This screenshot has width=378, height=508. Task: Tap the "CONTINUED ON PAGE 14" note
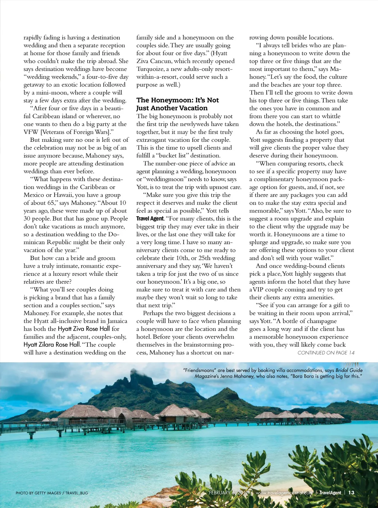click(x=326, y=353)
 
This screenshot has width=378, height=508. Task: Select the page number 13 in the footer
click(x=351, y=492)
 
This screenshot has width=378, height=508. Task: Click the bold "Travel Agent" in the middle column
click(x=150, y=219)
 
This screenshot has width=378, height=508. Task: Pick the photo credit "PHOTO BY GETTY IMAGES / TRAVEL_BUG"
click(x=52, y=493)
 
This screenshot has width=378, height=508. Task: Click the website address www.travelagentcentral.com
click(x=284, y=492)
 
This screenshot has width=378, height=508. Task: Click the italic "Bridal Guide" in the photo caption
click(x=349, y=370)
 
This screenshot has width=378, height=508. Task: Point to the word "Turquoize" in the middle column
click(x=151, y=69)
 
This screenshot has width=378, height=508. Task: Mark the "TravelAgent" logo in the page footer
click(x=330, y=492)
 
